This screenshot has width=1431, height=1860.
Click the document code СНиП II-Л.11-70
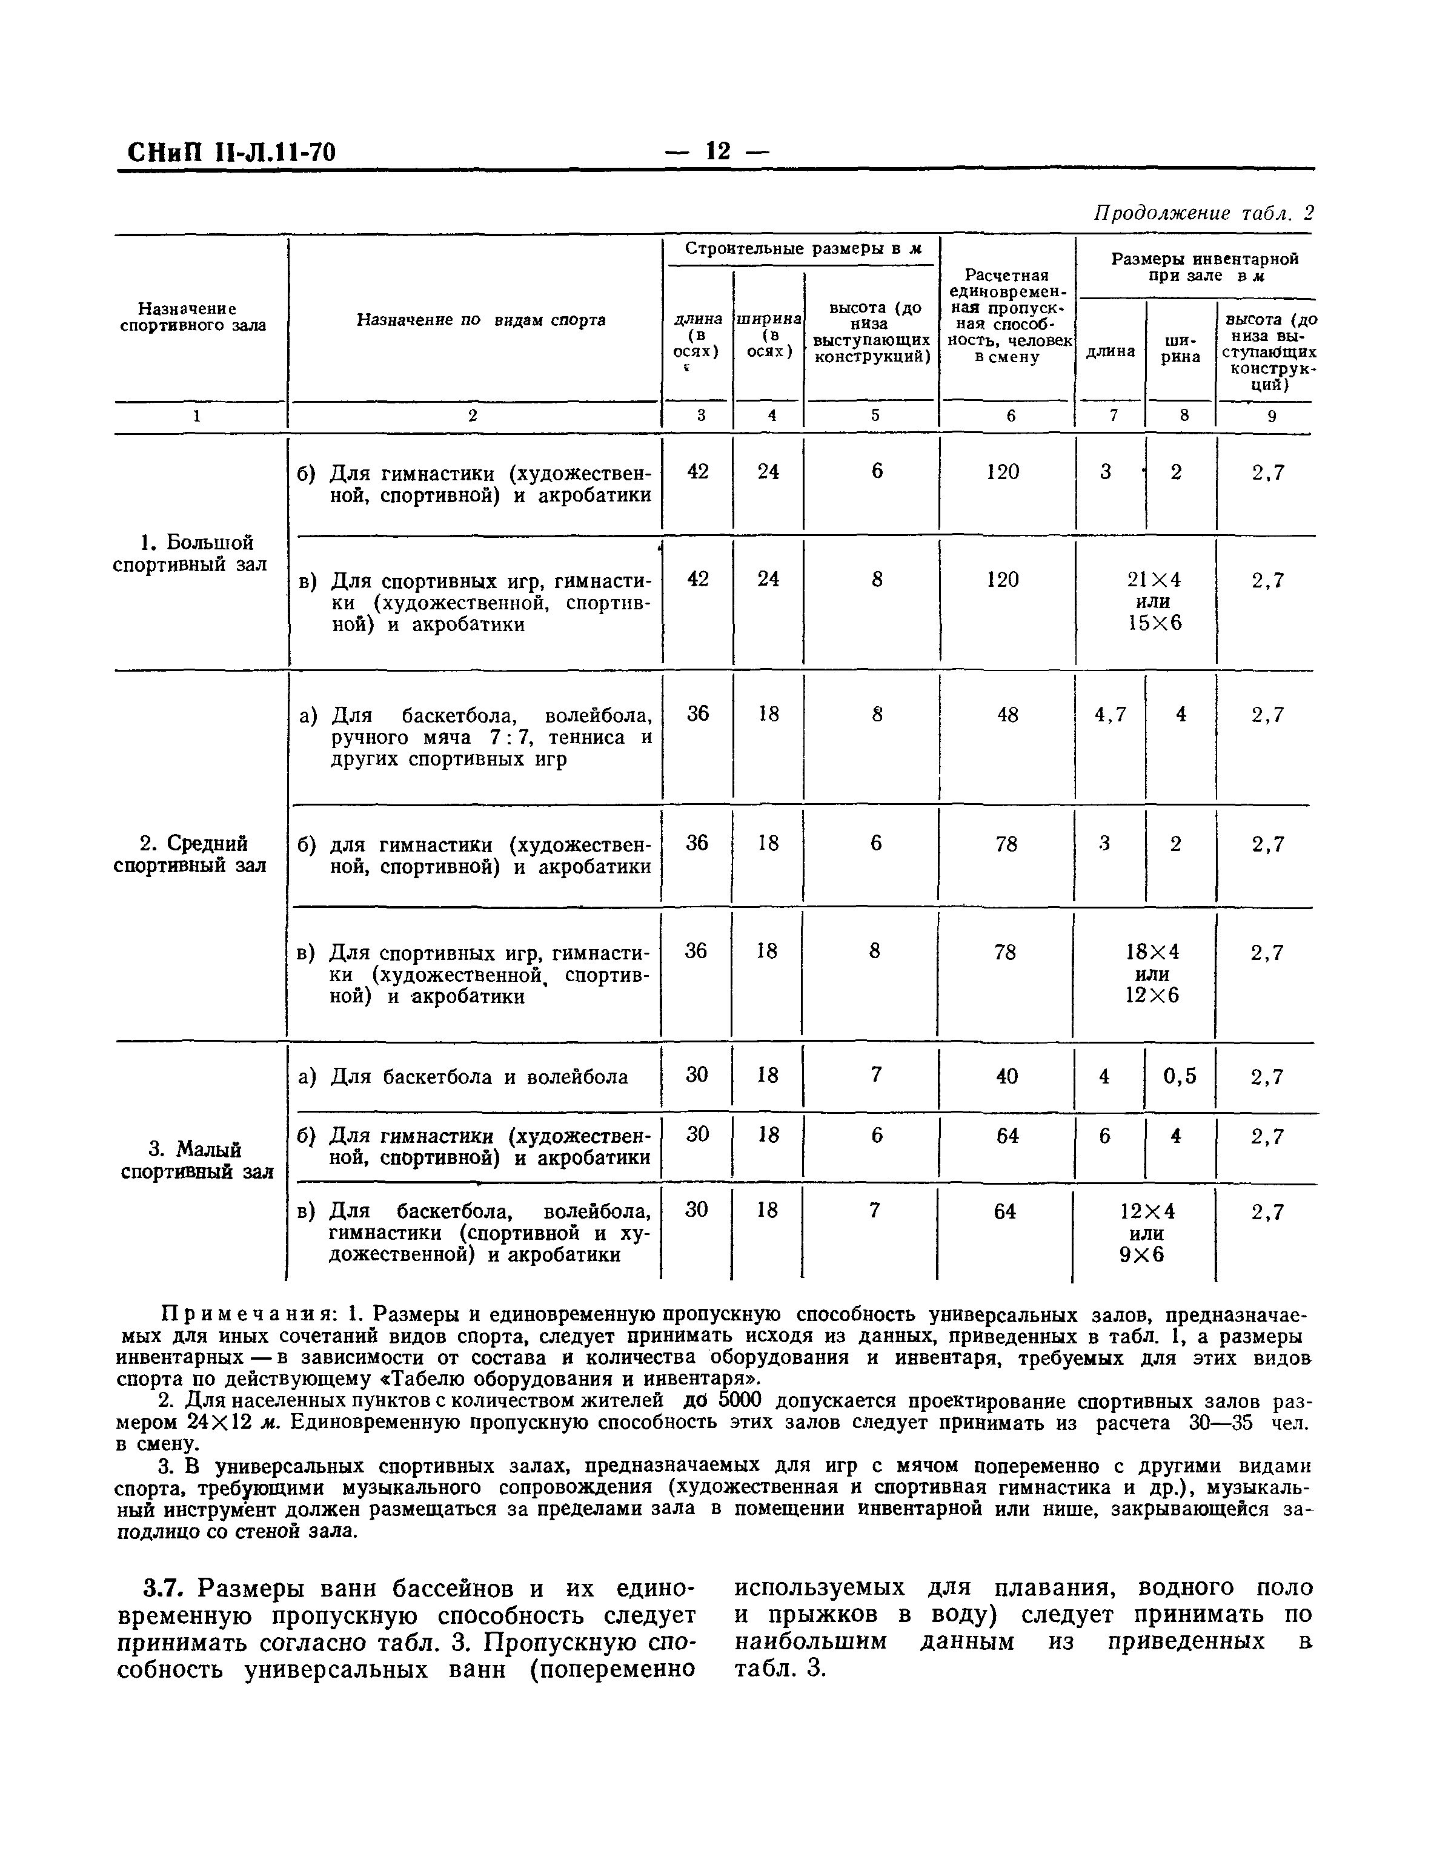(x=231, y=153)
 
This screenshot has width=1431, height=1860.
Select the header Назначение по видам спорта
(x=480, y=320)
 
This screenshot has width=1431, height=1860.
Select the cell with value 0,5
(x=1180, y=1076)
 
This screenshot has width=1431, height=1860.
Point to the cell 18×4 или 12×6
(x=1152, y=973)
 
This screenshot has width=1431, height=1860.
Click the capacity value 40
(x=1007, y=1076)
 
